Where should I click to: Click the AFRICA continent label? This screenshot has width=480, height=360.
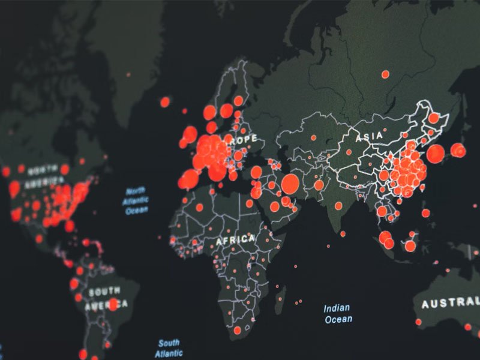[x=236, y=239]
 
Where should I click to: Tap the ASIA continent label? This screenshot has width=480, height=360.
[x=368, y=137]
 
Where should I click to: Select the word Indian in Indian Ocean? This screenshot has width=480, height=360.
[x=337, y=308]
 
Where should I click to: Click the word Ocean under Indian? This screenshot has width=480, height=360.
[x=338, y=319]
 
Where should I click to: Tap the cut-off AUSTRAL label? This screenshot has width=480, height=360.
[x=450, y=304]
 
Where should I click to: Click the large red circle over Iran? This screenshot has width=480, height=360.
[x=290, y=183]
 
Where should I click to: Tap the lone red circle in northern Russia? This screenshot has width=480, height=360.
[x=385, y=74]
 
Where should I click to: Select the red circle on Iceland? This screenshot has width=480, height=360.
[x=165, y=102]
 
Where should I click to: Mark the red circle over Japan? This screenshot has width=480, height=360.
[x=458, y=150]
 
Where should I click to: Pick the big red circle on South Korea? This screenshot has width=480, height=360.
[x=436, y=154]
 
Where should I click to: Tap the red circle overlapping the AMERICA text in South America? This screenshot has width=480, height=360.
[x=112, y=304]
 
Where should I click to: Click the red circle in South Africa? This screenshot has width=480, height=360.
[x=238, y=330]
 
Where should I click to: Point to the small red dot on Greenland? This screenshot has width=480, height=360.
[x=128, y=74]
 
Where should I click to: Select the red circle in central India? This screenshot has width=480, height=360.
[x=338, y=206]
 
